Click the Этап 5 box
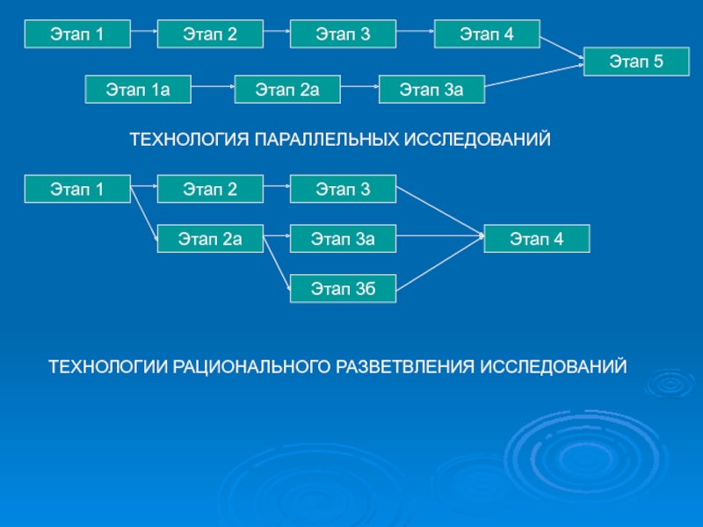(x=637, y=61)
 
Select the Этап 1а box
(x=137, y=90)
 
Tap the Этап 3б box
(x=343, y=288)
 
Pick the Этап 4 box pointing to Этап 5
(x=486, y=35)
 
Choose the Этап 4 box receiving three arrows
(x=537, y=238)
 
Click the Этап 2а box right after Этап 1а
(x=286, y=90)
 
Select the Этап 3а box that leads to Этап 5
(x=431, y=90)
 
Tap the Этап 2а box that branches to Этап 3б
(x=210, y=238)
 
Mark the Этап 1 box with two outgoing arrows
(x=77, y=188)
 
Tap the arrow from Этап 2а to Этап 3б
(x=277, y=263)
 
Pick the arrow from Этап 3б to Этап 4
(x=439, y=262)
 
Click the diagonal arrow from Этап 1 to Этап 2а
(x=144, y=212)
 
